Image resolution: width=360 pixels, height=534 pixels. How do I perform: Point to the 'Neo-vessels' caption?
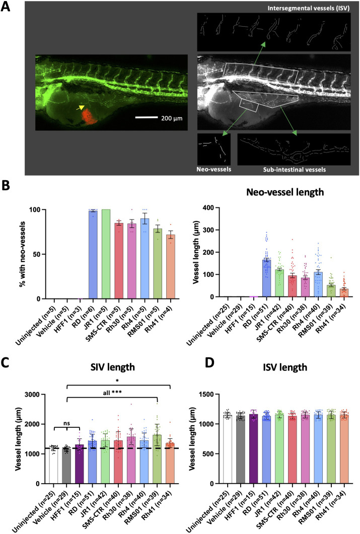point(213,170)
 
